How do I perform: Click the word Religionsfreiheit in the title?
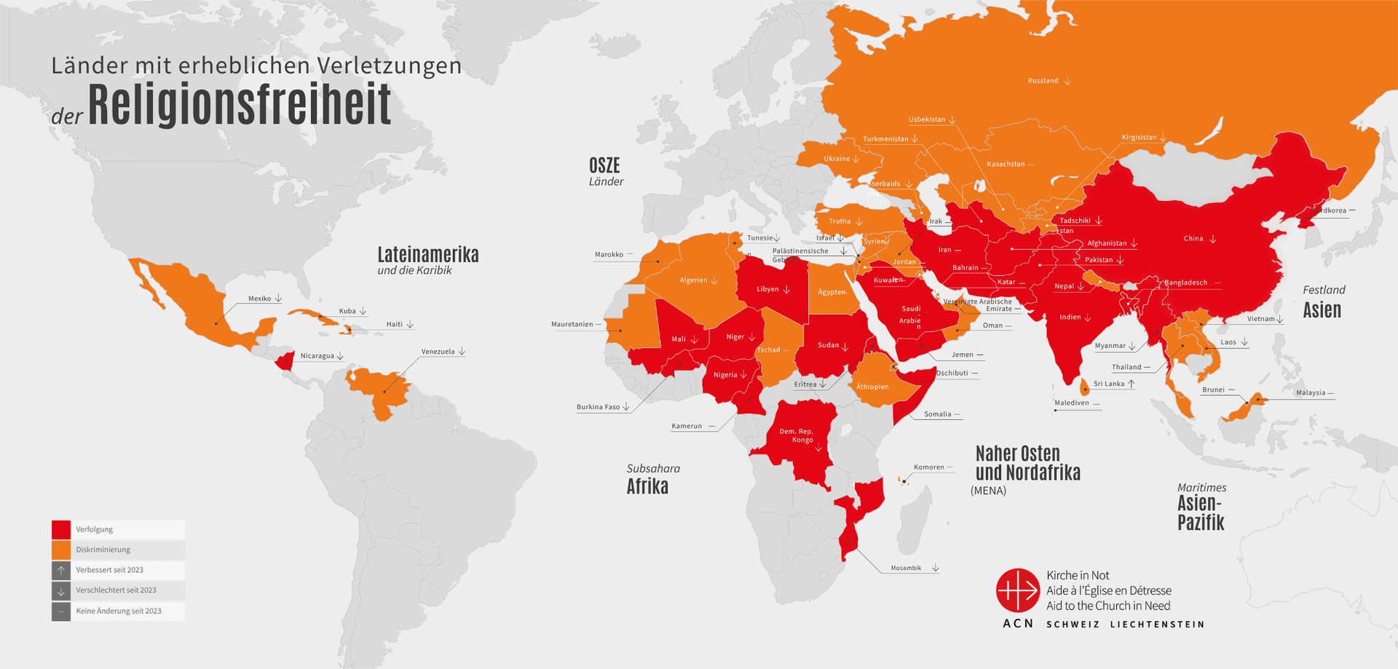(240, 106)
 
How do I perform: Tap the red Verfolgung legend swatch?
(61, 529)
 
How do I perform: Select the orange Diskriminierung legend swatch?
(61, 550)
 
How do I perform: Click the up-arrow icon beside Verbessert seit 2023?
(61, 570)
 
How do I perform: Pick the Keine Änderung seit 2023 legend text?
(119, 611)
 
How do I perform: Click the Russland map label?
(1043, 81)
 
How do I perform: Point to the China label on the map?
(1193, 239)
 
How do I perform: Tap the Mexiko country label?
(259, 298)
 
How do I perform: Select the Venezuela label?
(438, 352)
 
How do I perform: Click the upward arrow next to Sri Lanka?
(1132, 384)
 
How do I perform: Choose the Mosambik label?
(906, 568)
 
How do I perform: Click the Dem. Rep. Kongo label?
(797, 435)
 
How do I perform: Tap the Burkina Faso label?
(598, 407)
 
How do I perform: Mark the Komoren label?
(928, 467)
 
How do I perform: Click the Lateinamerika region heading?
(427, 255)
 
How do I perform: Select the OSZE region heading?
(604, 166)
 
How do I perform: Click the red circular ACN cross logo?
(1017, 590)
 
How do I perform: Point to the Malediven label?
(1071, 403)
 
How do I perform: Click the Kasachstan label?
(1006, 164)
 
